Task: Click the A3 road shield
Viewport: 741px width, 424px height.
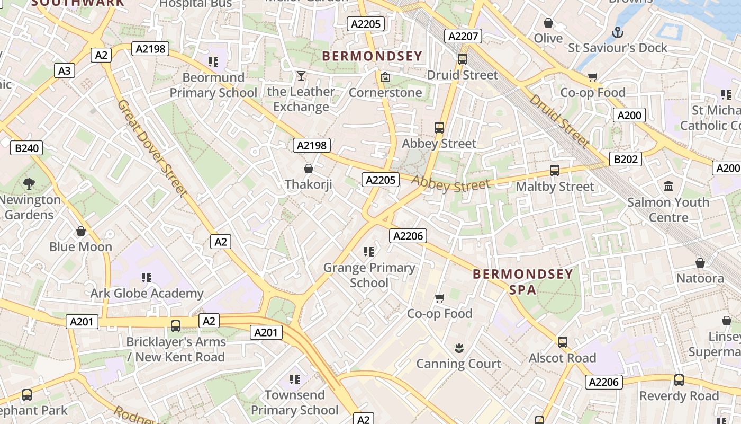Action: [x=65, y=70]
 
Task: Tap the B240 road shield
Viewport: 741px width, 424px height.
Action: [x=26, y=148]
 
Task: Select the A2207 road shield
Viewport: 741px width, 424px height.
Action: [x=463, y=36]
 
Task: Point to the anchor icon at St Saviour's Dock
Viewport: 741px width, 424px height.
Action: [x=617, y=33]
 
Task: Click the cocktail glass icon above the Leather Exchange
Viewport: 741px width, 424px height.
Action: [x=301, y=76]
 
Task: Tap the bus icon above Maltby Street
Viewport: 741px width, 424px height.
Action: [x=554, y=171]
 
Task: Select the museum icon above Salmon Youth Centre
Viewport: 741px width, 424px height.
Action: [x=668, y=187]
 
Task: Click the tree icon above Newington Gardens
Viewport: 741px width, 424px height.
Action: [x=29, y=184]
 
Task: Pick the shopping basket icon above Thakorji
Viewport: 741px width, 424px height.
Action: [x=309, y=169]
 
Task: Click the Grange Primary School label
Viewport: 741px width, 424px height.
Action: [x=369, y=275]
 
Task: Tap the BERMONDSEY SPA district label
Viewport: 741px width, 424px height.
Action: [x=522, y=281]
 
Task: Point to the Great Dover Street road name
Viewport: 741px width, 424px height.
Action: [x=152, y=148]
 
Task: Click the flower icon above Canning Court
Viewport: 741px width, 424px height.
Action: [x=459, y=348]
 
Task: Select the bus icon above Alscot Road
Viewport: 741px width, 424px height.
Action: [x=563, y=342]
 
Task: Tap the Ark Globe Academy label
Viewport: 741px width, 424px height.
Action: [x=147, y=293]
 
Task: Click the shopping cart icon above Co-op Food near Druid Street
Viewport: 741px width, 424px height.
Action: [x=593, y=77]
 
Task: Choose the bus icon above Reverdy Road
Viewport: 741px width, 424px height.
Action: [x=679, y=380]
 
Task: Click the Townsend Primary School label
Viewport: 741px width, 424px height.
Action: [x=294, y=402]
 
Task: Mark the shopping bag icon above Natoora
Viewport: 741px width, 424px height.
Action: [x=700, y=263]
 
